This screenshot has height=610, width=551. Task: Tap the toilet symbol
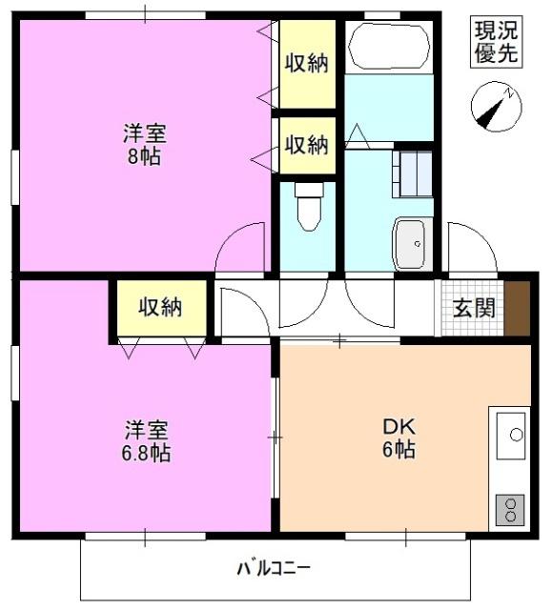tap(309, 206)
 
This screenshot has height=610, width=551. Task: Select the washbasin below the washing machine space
tap(413, 243)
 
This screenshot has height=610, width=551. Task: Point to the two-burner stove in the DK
tap(510, 510)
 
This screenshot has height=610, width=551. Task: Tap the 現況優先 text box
tap(497, 42)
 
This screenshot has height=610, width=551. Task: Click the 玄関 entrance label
tap(473, 308)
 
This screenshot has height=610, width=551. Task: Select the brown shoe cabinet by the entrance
tap(517, 308)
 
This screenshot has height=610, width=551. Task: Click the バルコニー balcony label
tap(274, 569)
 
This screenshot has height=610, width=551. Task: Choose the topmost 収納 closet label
tap(306, 63)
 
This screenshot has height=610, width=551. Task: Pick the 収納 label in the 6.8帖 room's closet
tap(159, 307)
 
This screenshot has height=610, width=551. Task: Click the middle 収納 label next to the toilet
tap(306, 145)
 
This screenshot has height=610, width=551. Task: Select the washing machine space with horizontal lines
tap(413, 173)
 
